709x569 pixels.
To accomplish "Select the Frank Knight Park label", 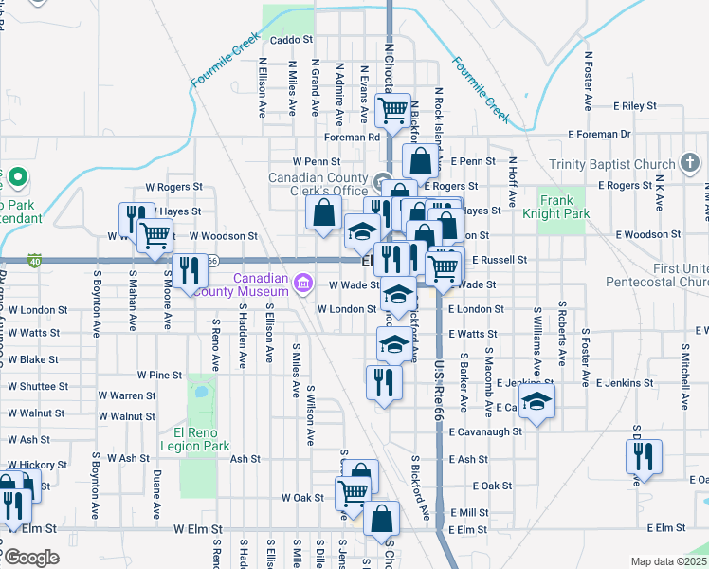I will (x=563, y=207).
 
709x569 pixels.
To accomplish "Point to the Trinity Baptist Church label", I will (x=610, y=165).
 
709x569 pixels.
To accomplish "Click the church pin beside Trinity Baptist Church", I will (x=691, y=164).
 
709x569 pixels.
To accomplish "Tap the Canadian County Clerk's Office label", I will (x=317, y=184).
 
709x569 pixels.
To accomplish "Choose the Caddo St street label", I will (x=291, y=40).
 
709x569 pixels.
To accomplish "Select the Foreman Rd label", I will (x=351, y=137).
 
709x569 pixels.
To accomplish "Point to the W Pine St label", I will (x=159, y=376).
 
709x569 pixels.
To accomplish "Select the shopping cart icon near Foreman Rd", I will (x=392, y=110).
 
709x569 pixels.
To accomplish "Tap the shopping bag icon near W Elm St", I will (x=381, y=519).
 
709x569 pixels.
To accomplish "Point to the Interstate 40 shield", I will (x=34, y=261).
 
